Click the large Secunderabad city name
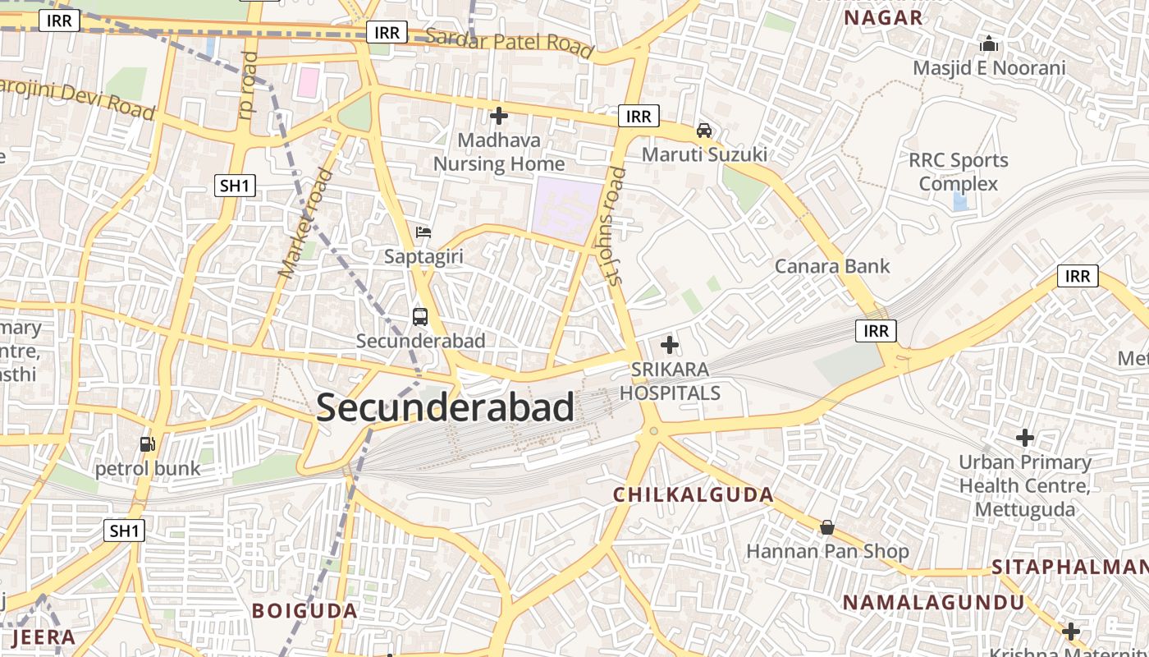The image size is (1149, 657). pos(445,407)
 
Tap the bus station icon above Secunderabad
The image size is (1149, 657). pos(420,316)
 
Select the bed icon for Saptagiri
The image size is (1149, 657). pos(423,232)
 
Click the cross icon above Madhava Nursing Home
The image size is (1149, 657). pos(498,116)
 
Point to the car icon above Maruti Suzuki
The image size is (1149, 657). pos(704,130)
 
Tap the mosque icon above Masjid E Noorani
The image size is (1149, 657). pos(989,44)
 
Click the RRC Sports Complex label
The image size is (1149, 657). pos(958,172)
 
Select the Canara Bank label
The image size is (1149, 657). pos(832,266)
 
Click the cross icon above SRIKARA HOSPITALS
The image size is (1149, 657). pos(670,345)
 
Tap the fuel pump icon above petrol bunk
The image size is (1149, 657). pos(148,444)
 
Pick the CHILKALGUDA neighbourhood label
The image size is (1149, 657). pos(694,494)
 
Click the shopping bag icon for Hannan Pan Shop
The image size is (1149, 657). pos(826,526)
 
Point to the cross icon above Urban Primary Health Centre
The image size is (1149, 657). pos(1025,438)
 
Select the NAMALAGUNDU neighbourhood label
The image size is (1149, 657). pos(934,602)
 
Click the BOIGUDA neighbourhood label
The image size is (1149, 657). pos(304,610)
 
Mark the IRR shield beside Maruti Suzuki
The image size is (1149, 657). pos(639,117)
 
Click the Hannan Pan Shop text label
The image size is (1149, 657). pos(827,551)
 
